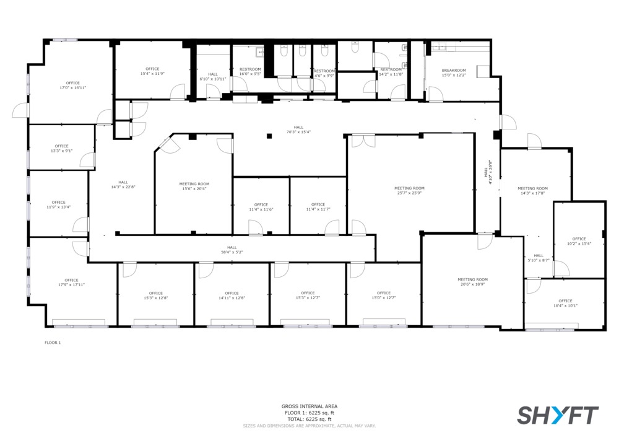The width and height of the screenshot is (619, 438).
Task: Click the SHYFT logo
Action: pyautogui.click(x=558, y=415)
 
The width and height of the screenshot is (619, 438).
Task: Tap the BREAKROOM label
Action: pyautogui.click(x=454, y=70)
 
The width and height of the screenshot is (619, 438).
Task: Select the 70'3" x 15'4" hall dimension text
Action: pyautogui.click(x=298, y=132)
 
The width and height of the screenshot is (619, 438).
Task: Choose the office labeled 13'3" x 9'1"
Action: pyautogui.click(x=61, y=148)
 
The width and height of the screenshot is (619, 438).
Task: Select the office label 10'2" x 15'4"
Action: pyautogui.click(x=579, y=241)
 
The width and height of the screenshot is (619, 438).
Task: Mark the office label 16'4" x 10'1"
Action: pyautogui.click(x=565, y=303)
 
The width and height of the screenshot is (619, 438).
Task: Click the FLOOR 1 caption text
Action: pyautogui.click(x=53, y=343)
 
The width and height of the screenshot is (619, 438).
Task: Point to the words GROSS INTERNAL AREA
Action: pyautogui.click(x=309, y=406)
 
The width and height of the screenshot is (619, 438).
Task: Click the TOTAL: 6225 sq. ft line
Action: pyautogui.click(x=309, y=419)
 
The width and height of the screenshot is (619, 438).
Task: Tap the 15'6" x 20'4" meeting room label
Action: pyautogui.click(x=194, y=186)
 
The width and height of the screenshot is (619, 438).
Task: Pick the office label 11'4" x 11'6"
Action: pyautogui.click(x=261, y=207)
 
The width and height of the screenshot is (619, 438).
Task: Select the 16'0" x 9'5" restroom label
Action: pyautogui.click(x=250, y=71)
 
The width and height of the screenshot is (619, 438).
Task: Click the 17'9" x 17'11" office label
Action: pyautogui.click(x=71, y=282)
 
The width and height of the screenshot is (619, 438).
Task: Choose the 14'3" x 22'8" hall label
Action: pyautogui.click(x=123, y=185)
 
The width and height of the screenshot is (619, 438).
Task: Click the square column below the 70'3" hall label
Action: pyautogui.click(x=269, y=136)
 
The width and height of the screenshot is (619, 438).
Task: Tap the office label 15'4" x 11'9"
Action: pyautogui.click(x=152, y=71)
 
